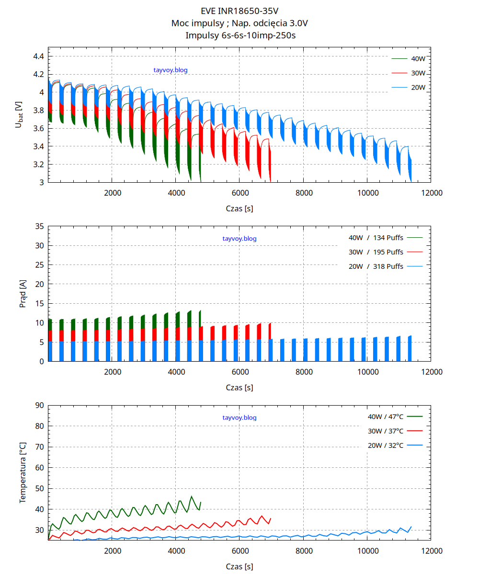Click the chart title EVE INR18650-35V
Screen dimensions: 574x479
point(239,11)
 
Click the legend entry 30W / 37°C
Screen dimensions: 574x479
point(386,431)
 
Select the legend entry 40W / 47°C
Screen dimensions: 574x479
point(386,417)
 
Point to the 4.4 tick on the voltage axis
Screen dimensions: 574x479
point(38,56)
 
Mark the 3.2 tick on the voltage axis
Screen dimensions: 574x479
point(38,165)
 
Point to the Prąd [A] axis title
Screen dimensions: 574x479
point(23,294)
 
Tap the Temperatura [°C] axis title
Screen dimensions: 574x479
point(23,473)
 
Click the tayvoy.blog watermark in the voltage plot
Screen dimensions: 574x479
point(171,70)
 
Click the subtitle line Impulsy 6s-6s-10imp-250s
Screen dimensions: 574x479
point(239,35)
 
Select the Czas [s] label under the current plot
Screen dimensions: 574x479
point(239,388)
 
